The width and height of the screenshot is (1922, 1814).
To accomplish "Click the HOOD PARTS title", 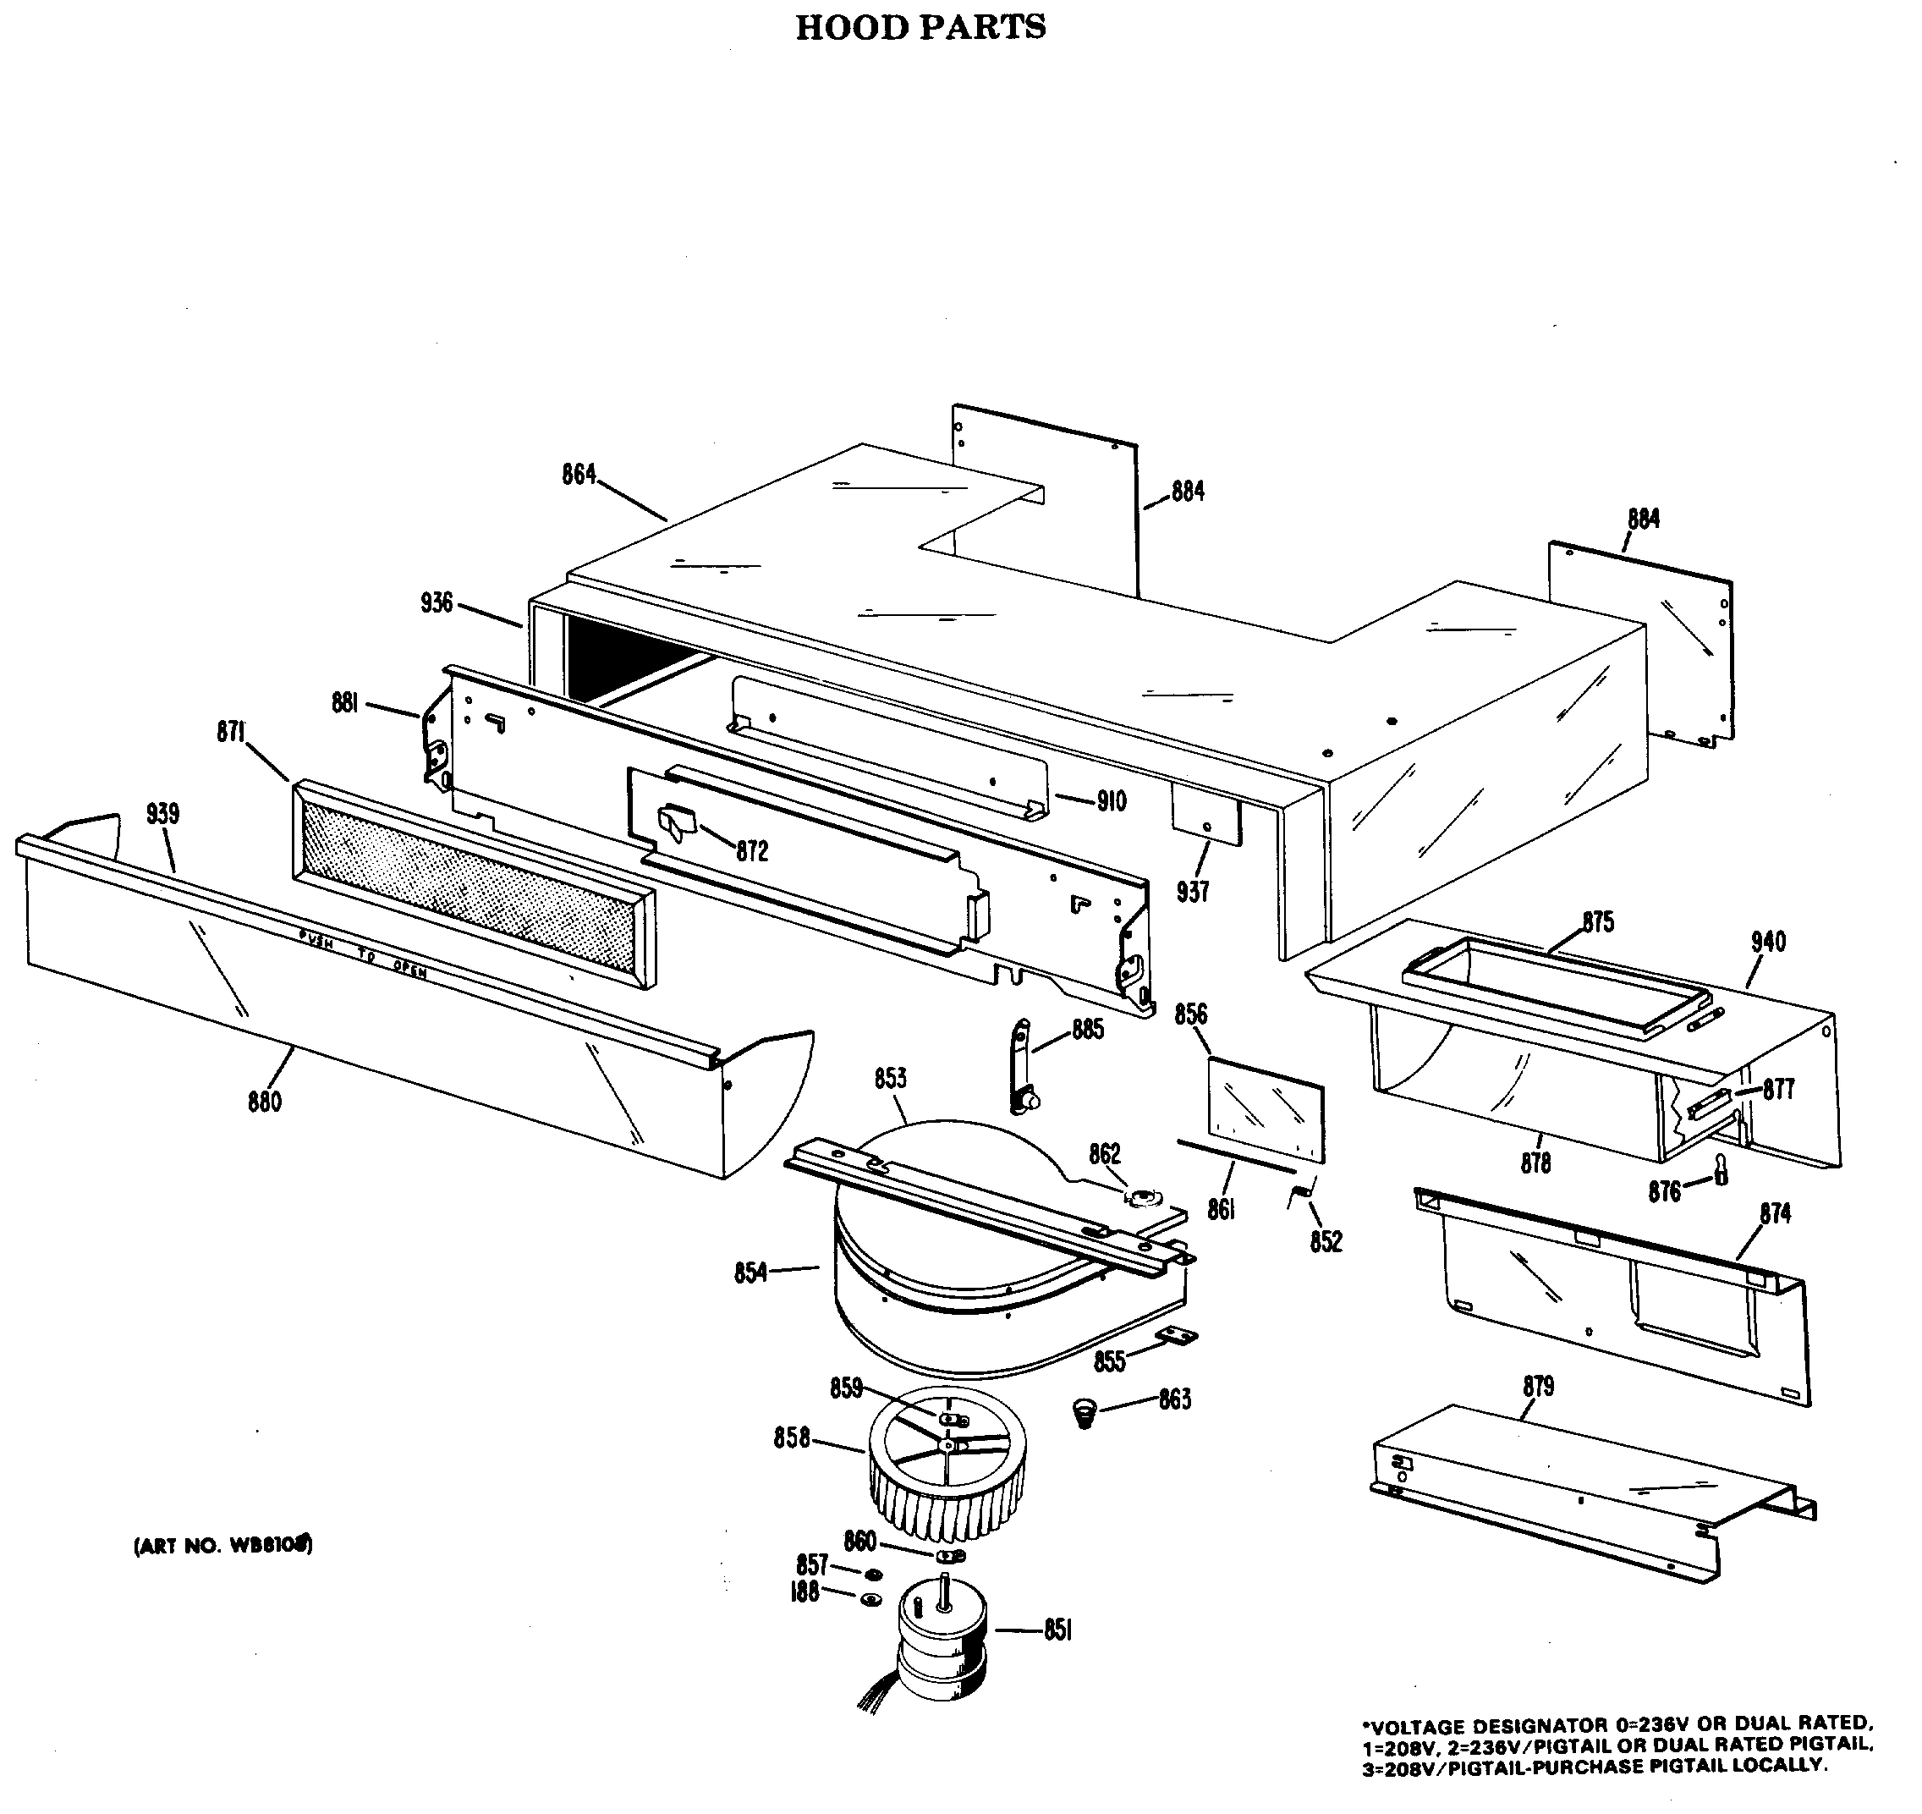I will (920, 27).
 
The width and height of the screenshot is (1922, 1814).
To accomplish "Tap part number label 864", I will (579, 475).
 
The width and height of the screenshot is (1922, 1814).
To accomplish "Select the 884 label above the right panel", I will (1643, 519).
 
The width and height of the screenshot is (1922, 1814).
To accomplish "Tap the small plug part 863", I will (1085, 1415).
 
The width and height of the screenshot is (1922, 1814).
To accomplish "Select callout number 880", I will (264, 1102).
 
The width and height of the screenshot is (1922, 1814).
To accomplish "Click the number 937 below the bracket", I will (1192, 892).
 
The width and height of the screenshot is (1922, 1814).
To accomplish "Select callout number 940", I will (1767, 941).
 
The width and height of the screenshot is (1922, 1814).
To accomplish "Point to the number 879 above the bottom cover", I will (1537, 1387).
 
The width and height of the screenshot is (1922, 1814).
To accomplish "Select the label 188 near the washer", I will (804, 1591).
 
